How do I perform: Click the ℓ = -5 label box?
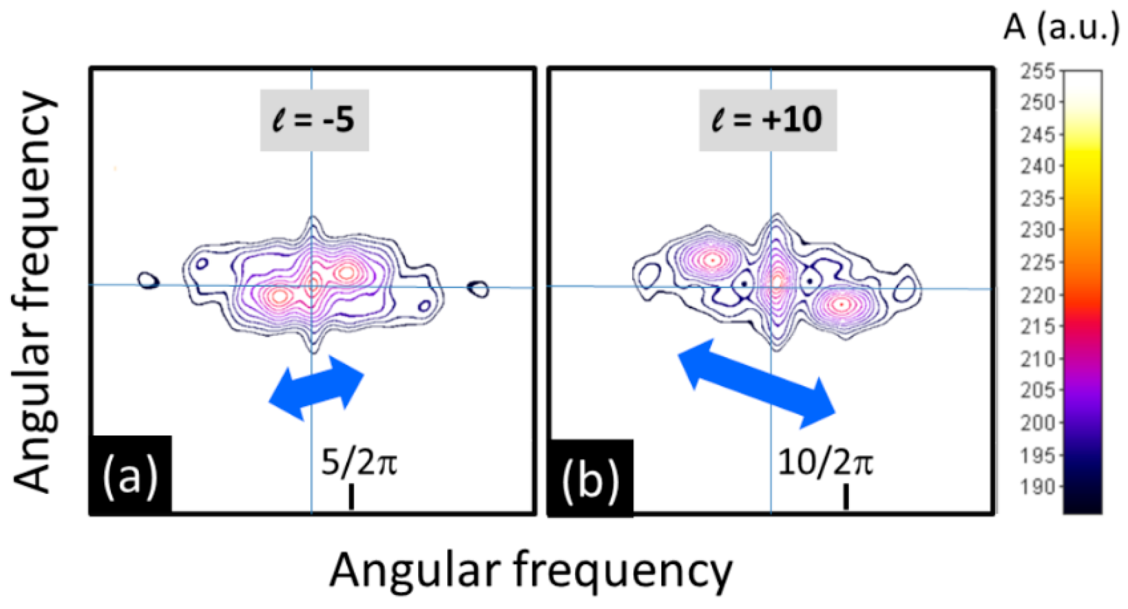[314, 120]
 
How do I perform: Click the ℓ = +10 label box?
[768, 120]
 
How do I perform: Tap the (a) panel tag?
[131, 475]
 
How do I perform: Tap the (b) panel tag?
[591, 477]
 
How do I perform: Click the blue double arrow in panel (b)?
[757, 383]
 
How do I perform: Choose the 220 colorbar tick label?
[1037, 295]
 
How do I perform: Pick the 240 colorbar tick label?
[1037, 167]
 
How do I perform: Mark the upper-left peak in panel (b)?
[712, 261]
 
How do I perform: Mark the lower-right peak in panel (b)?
[841, 304]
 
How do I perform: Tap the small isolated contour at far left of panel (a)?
[149, 281]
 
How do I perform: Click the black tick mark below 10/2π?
[846, 496]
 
